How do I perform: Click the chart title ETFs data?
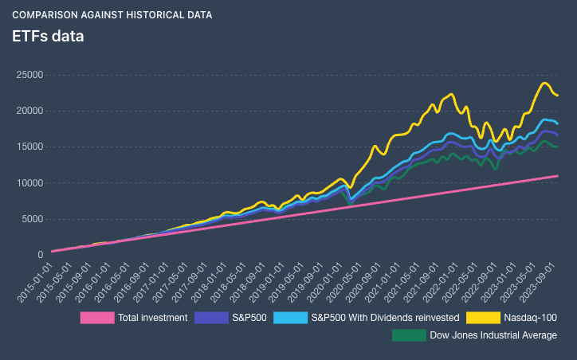[48, 37]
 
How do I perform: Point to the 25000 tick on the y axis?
[29, 75]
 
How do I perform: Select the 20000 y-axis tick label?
[29, 111]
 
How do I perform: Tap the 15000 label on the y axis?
[29, 147]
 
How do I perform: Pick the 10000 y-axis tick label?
[29, 182]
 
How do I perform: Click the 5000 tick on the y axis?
[31, 219]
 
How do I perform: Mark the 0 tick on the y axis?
[40, 255]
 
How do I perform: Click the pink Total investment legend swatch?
[96, 318]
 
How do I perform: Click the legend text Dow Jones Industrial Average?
[493, 335]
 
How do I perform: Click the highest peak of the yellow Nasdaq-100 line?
[545, 83]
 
